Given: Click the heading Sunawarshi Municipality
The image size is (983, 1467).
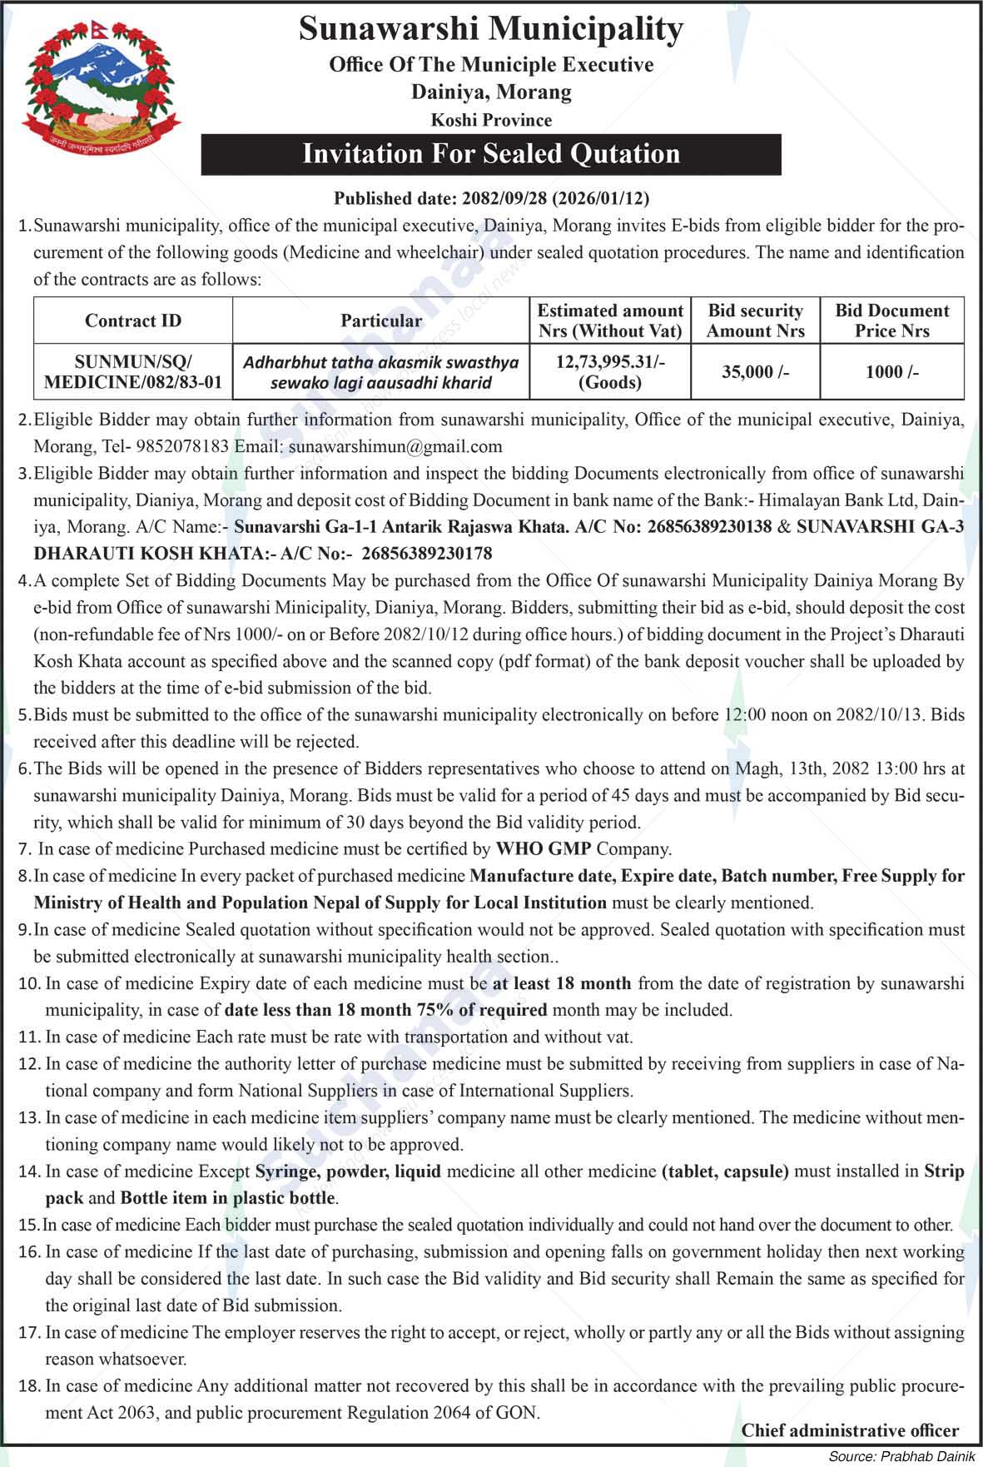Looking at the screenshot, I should pyautogui.click(x=491, y=29).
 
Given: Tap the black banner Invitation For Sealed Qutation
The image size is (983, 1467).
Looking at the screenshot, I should pyautogui.click(x=491, y=154).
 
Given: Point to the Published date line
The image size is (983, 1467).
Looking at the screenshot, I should pyautogui.click(x=491, y=198).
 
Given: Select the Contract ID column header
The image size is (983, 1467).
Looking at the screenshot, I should pyautogui.click(x=133, y=321).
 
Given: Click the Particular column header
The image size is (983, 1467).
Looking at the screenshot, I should pyautogui.click(x=381, y=321).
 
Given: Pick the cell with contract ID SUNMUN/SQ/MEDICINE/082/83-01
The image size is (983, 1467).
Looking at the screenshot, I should pyautogui.click(x=133, y=372).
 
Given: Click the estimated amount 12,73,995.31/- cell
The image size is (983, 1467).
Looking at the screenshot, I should pyautogui.click(x=610, y=371).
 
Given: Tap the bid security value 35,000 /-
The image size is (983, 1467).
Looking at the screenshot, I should pyautogui.click(x=755, y=372).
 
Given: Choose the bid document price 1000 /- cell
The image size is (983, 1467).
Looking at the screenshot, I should pyautogui.click(x=891, y=372).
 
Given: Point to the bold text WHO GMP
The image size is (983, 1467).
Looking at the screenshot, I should pyautogui.click(x=544, y=849).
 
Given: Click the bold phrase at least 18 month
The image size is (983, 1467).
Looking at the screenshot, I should pyautogui.click(x=562, y=983).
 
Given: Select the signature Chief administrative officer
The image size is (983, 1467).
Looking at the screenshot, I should pyautogui.click(x=850, y=1430).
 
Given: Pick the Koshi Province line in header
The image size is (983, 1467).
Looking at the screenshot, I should pyautogui.click(x=491, y=120).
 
